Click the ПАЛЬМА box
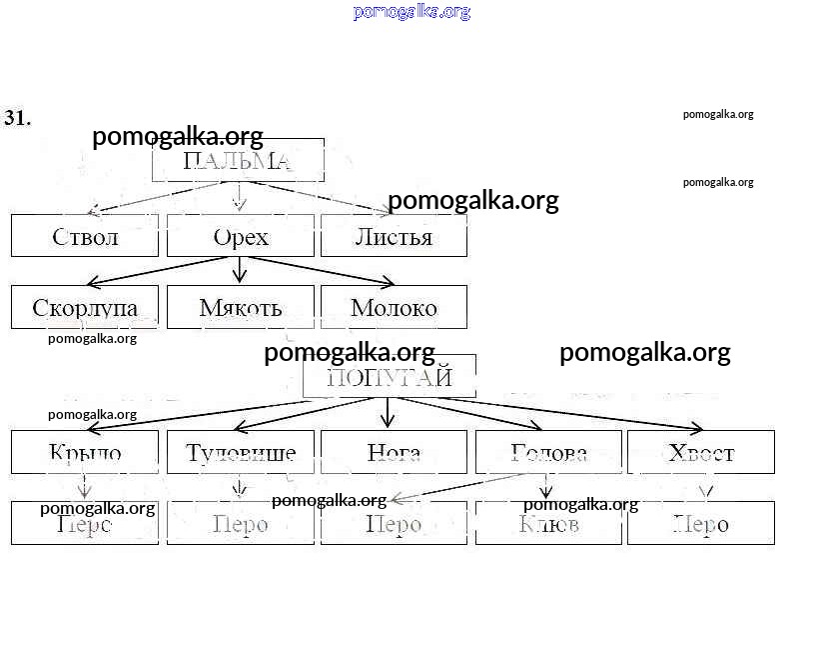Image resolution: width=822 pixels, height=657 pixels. (238, 160)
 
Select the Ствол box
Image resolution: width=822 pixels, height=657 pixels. (85, 237)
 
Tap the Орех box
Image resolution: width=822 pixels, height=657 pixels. (240, 237)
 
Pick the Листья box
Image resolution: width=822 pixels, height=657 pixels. (394, 237)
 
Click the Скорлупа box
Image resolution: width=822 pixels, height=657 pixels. (85, 307)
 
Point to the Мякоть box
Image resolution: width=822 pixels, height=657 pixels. (240, 307)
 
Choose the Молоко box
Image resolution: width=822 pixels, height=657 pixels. (394, 307)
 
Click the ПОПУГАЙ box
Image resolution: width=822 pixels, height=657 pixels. (390, 377)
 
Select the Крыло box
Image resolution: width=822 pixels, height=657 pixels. (85, 452)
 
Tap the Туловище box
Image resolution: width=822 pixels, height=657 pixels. (240, 452)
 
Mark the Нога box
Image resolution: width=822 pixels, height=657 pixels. (394, 452)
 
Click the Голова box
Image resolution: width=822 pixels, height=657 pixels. (548, 452)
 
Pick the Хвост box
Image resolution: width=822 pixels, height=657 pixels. (701, 452)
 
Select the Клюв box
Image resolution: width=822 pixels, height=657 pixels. (548, 524)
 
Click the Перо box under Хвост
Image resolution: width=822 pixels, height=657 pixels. (701, 524)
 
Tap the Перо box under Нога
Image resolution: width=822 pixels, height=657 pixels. (394, 524)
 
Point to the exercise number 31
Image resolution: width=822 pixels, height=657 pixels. (18, 118)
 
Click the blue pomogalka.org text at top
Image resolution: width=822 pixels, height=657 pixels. (411, 12)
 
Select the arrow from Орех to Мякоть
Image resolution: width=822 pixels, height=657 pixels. (239, 270)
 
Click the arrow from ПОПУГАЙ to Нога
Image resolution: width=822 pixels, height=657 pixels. (389, 413)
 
